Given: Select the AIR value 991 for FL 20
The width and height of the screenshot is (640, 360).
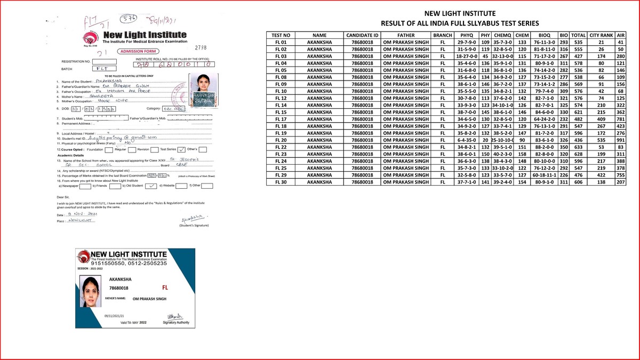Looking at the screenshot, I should (620, 140).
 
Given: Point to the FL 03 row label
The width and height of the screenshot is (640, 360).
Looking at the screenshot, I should (281, 56).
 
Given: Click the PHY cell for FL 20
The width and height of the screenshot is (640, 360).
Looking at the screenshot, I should (485, 140).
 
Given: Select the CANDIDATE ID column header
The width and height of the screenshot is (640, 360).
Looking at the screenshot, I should (362, 35).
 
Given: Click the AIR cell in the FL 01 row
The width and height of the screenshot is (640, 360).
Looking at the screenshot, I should (620, 42).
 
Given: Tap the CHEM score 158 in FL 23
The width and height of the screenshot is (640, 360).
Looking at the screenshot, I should (522, 154).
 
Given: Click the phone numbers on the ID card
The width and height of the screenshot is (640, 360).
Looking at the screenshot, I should (129, 263).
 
